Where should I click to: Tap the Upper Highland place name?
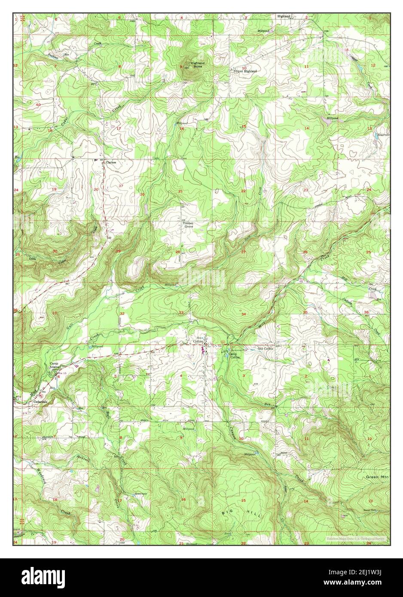point(245,71)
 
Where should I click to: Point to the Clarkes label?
point(111,163)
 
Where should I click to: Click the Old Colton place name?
point(265,348)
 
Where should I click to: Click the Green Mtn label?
point(376,477)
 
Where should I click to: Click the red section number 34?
point(244,314)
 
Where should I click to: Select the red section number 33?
point(181,312)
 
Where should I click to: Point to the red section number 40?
point(38,105)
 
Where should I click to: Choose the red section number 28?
point(177,252)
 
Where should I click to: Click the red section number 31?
point(54,313)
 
